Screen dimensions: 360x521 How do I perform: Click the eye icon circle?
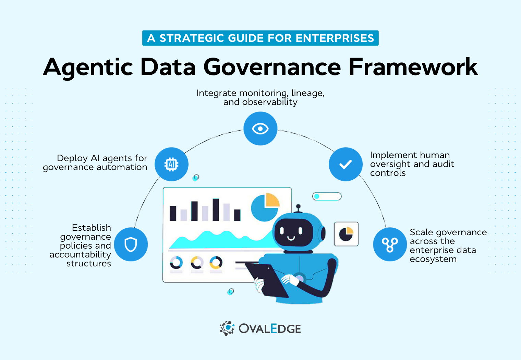[260, 129]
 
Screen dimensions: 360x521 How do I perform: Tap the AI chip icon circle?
[171, 164]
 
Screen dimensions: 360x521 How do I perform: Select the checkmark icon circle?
[346, 164]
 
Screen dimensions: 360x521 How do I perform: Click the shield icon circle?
[131, 244]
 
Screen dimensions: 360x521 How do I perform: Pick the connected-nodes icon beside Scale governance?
[390, 244]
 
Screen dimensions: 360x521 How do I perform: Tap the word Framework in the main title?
[413, 67]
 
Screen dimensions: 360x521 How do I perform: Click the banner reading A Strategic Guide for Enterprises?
[260, 38]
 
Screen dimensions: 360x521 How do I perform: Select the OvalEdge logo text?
[270, 328]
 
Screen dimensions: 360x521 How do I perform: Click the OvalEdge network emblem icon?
[227, 328]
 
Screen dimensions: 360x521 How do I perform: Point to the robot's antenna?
[298, 208]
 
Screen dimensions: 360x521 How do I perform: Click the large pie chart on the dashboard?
[265, 207]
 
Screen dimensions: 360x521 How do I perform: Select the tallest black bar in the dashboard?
[216, 209]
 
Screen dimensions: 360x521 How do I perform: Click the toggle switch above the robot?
[327, 196]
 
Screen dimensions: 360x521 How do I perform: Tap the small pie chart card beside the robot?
[346, 234]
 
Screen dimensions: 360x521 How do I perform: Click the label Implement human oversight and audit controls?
[412, 164]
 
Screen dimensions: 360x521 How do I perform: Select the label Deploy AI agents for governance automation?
[95, 163]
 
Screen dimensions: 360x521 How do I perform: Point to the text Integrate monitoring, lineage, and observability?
[260, 97]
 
